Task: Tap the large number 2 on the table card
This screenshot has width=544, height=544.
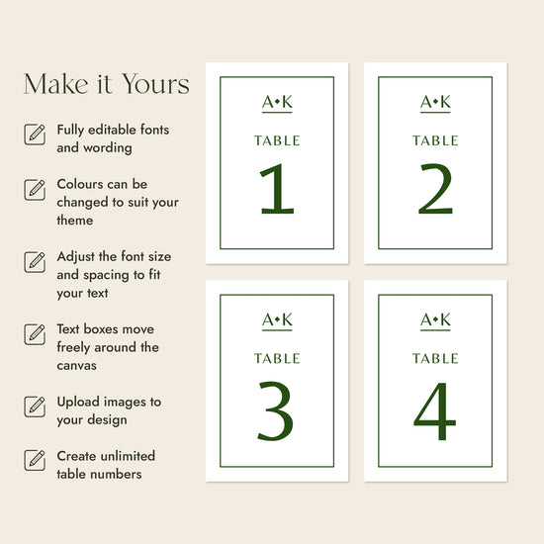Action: [436, 188]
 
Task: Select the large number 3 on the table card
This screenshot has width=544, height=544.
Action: [276, 410]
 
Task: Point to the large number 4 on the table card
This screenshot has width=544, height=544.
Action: [435, 411]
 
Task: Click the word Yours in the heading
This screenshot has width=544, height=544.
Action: [155, 84]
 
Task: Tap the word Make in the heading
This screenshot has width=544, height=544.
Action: [55, 84]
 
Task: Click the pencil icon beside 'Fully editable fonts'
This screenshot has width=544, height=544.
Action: [35, 135]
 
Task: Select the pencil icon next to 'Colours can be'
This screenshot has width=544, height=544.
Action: [35, 190]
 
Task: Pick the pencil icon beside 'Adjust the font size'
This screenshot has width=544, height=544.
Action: [35, 262]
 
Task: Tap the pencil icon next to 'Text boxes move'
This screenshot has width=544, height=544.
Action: [35, 334]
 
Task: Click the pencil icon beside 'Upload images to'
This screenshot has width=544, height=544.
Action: [35, 407]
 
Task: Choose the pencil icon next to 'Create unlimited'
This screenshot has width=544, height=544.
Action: [35, 460]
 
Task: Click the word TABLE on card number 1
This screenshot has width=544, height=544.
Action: [277, 140]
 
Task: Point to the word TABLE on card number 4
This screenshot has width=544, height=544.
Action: [435, 358]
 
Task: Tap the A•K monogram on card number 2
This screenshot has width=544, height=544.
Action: [435, 102]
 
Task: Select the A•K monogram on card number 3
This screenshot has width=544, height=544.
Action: [277, 320]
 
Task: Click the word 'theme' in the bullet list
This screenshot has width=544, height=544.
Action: [75, 221]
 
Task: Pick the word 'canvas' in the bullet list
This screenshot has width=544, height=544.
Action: [77, 366]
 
